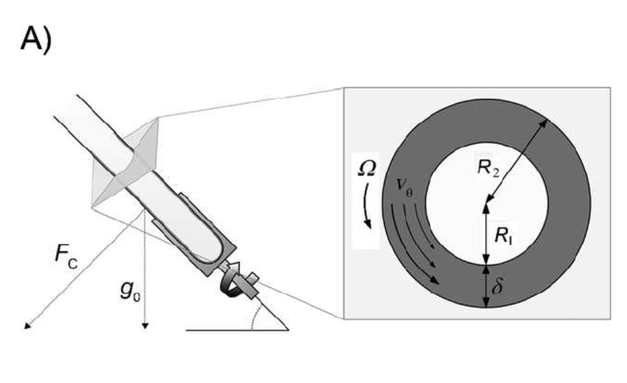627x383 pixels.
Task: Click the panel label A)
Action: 36,39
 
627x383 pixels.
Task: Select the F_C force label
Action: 66,256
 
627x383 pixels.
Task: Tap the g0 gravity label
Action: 131,291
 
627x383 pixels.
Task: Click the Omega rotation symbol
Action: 366,168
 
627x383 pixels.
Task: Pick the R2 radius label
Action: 488,167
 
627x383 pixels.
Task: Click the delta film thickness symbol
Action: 497,285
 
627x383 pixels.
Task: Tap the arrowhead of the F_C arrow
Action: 27,326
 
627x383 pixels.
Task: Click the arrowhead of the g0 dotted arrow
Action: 146,326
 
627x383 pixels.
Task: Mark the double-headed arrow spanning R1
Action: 486,234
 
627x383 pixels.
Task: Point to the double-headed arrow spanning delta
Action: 486,287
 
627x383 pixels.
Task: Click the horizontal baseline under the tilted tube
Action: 238,330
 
